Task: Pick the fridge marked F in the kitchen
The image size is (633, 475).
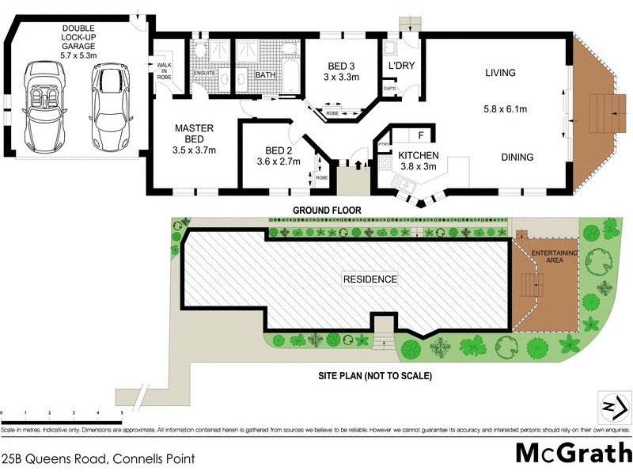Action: [420, 134]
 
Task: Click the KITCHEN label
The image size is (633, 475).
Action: [418, 154]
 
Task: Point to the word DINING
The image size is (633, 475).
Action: [517, 158]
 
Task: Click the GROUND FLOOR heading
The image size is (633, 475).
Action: [326, 211]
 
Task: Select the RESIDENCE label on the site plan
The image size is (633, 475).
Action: [369, 279]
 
